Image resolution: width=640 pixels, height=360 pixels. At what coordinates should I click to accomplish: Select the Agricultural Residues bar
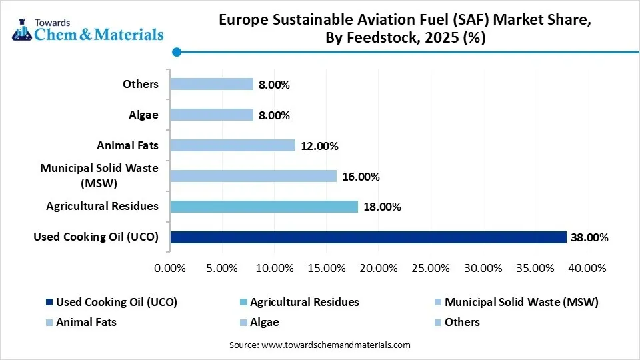264,206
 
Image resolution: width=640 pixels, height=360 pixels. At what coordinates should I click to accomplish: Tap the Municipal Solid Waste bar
253,176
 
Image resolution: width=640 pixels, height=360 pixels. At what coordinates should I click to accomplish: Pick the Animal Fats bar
233,145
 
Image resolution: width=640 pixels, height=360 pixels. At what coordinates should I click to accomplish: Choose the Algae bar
211,115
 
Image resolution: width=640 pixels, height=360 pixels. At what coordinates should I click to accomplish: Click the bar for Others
211,84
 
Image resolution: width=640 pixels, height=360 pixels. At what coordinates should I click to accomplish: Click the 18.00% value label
381,207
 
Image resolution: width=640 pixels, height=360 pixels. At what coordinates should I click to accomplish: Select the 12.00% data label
319,145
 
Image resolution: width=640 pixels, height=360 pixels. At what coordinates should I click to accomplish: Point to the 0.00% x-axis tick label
170,268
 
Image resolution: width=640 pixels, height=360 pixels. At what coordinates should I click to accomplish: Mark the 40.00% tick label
587,268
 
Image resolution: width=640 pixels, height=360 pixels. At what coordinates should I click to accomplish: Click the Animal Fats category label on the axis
127,145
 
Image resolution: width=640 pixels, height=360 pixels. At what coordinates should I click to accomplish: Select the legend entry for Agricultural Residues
304,302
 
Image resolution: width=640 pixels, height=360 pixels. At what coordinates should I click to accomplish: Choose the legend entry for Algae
264,322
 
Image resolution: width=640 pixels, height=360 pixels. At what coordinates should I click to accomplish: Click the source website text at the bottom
320,345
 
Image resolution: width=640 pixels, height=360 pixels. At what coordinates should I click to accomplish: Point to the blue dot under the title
176,52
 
